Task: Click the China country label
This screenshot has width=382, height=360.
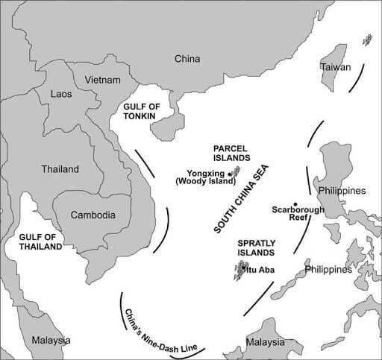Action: [x=188, y=58]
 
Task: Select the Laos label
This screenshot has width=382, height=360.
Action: [x=61, y=95]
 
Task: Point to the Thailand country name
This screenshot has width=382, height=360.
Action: [x=60, y=169]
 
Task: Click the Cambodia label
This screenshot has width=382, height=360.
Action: [x=93, y=215]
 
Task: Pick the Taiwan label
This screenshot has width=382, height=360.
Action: [x=336, y=66]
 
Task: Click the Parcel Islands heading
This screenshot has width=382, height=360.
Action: [x=235, y=153]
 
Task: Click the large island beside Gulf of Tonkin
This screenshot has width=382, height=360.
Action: [x=167, y=126]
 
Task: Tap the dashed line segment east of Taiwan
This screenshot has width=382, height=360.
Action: [x=360, y=77]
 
